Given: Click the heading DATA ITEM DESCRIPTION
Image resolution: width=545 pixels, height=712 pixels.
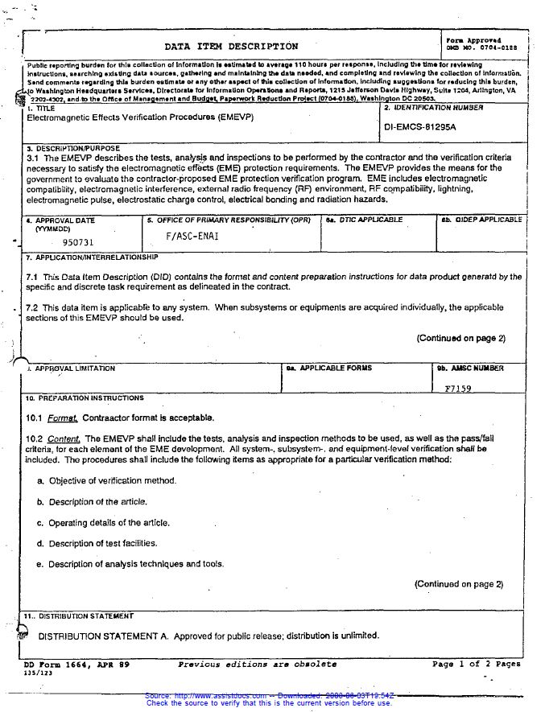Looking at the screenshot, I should tap(231, 47).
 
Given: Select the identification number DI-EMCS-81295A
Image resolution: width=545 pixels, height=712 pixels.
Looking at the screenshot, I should tap(420, 127).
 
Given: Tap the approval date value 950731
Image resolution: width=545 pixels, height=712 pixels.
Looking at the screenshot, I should tap(78, 241).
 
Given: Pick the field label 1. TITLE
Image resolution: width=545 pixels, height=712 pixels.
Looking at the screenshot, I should tap(42, 108).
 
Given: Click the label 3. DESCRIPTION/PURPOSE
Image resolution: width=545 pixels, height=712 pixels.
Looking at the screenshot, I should tap(72, 149).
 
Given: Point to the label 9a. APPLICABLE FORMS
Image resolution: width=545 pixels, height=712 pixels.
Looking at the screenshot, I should tap(329, 368).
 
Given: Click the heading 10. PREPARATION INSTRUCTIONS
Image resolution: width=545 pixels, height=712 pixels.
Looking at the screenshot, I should tap(84, 398).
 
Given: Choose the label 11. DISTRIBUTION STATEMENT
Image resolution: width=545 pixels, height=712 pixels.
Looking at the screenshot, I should tap(79, 616).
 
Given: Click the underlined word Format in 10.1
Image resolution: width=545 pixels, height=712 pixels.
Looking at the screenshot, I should tap(62, 418).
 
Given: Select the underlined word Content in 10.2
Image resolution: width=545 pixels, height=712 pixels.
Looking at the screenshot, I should tap(64, 438).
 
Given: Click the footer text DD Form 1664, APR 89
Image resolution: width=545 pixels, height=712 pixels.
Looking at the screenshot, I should tap(76, 665).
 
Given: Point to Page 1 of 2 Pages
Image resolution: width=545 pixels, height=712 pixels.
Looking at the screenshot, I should tap(476, 665).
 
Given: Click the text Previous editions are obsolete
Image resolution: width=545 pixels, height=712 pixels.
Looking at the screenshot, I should tap(257, 665).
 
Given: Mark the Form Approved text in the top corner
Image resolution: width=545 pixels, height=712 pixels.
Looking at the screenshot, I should tap(473, 40).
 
